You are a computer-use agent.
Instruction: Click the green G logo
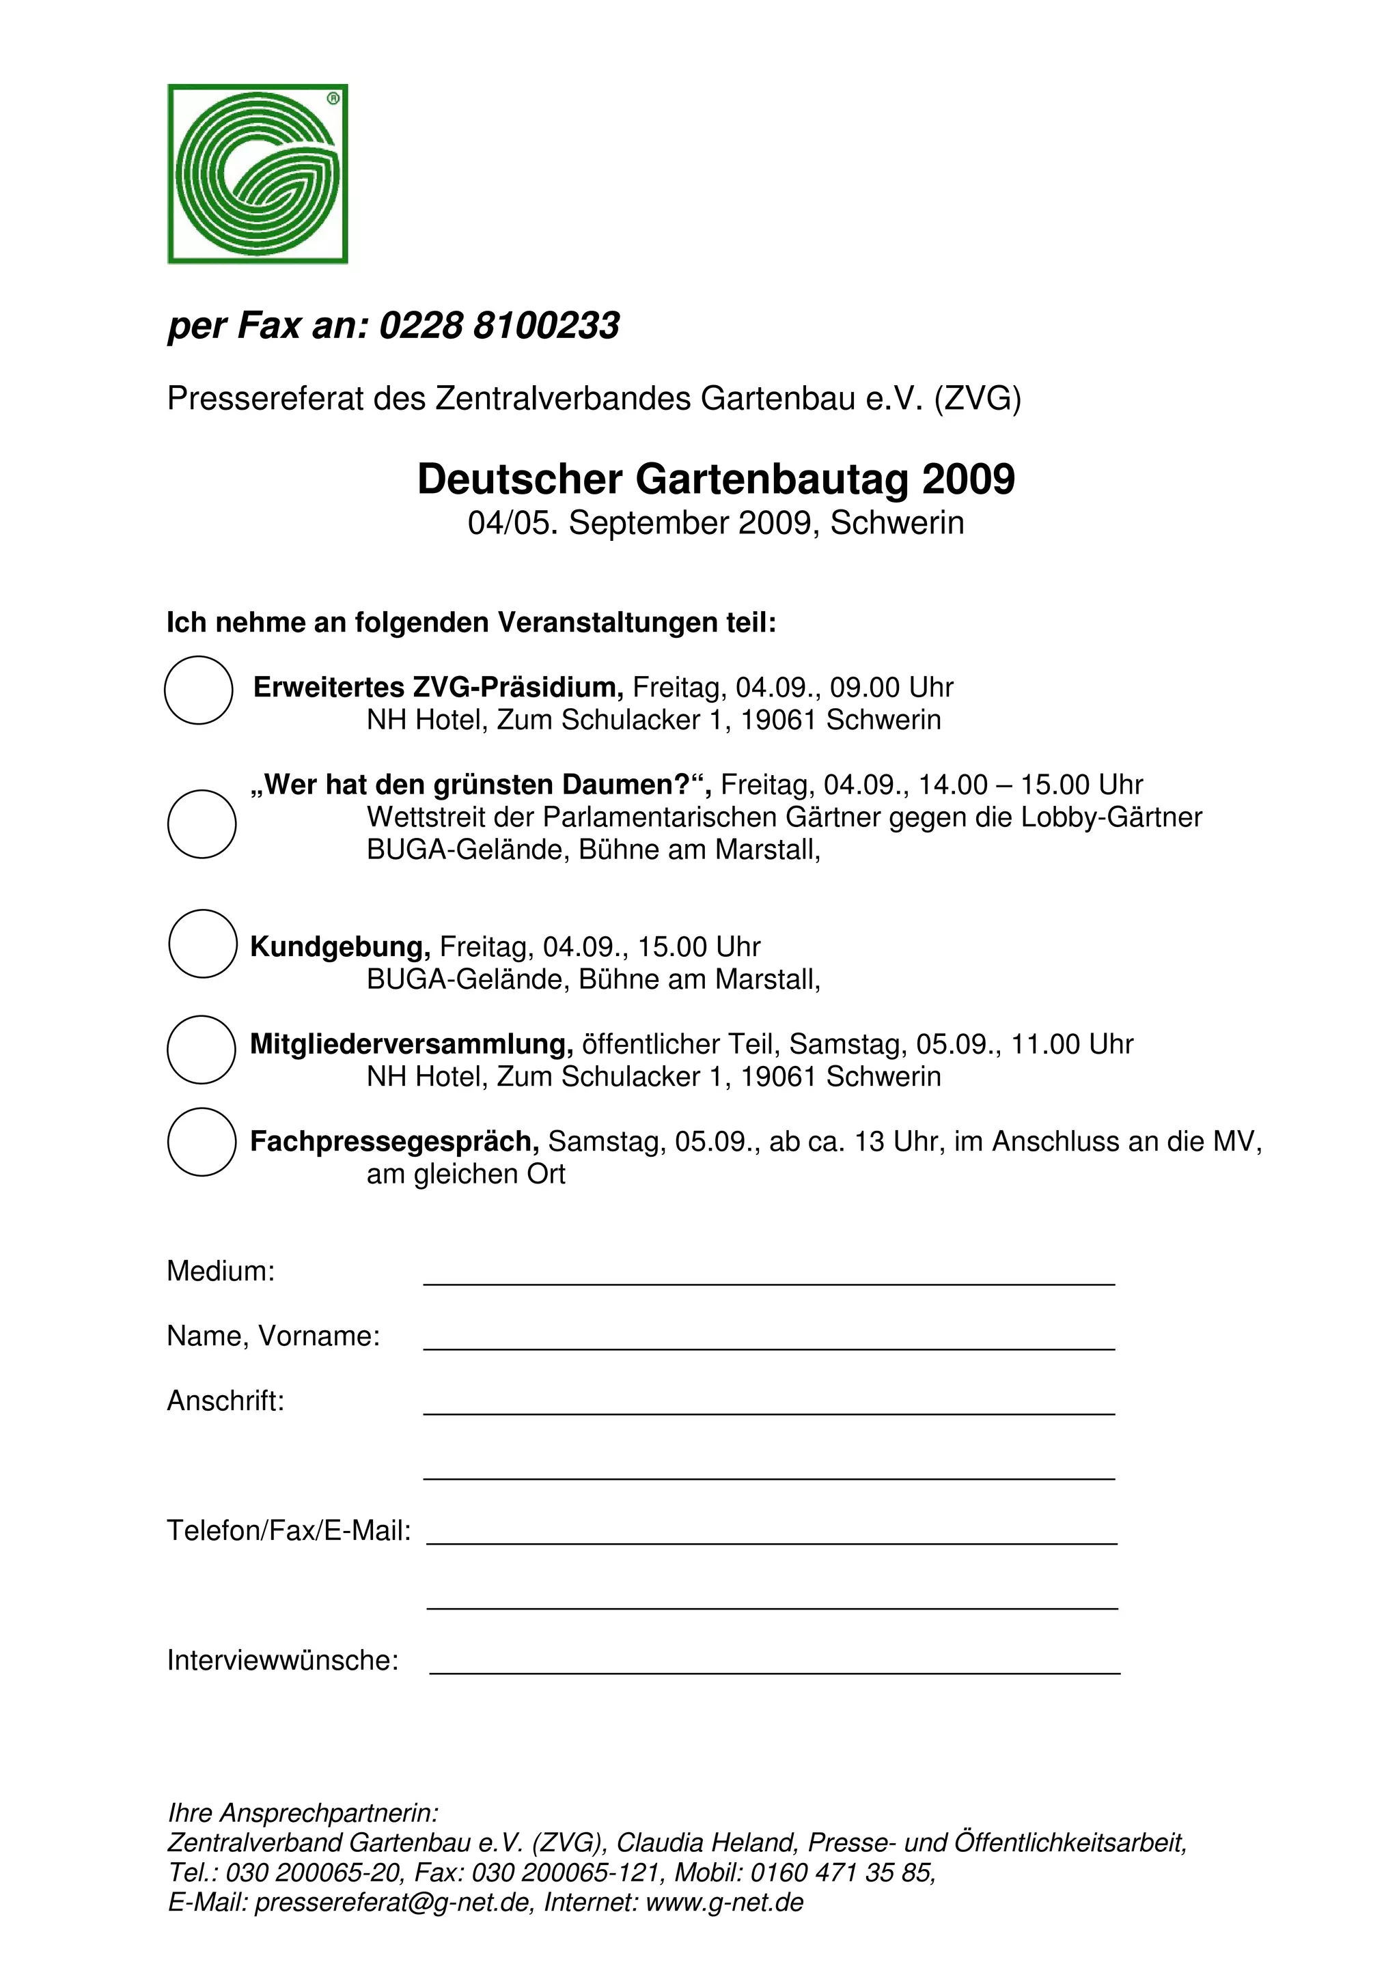(257, 173)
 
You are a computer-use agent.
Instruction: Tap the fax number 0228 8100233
(499, 326)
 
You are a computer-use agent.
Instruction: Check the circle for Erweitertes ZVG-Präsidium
(198, 690)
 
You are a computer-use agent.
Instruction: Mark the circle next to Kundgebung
(203, 943)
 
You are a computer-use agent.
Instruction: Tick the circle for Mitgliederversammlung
(201, 1049)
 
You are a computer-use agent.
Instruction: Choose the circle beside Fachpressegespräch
(202, 1141)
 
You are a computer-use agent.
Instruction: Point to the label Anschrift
(225, 1401)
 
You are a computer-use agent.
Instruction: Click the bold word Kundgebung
(340, 946)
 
